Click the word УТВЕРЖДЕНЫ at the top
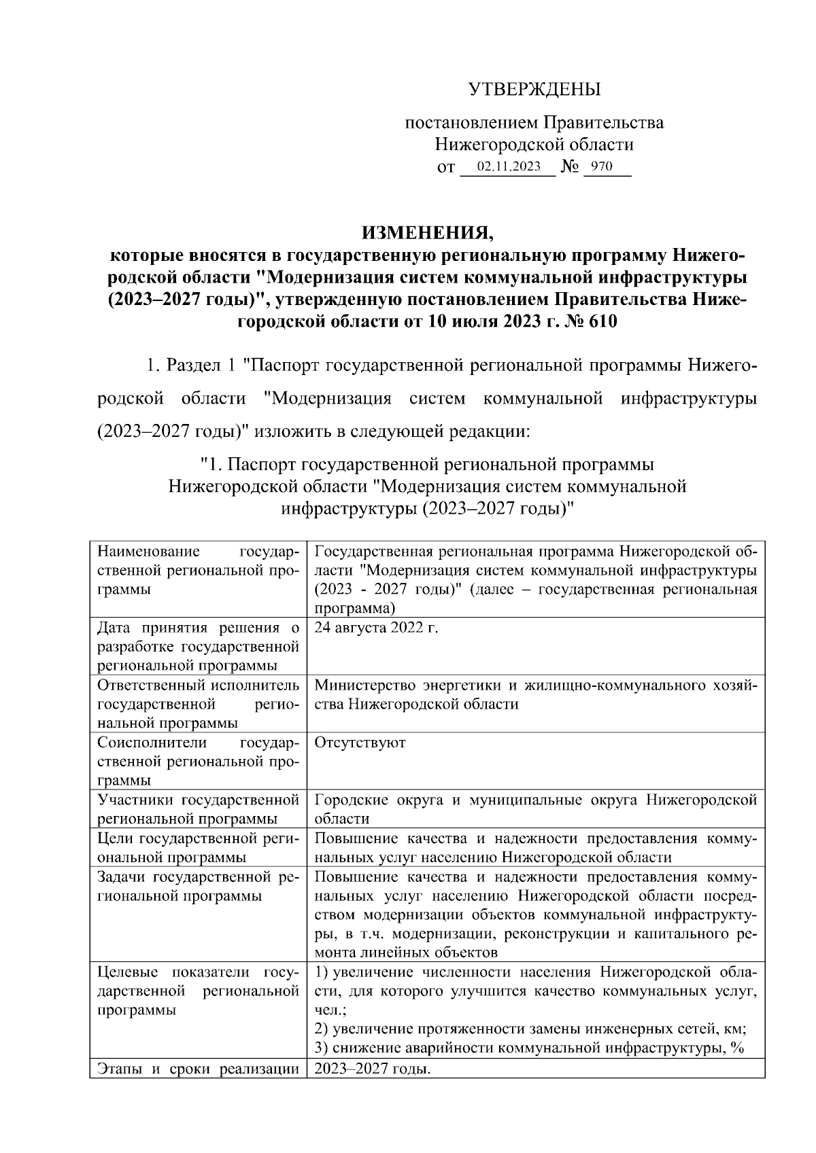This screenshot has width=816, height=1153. point(534,89)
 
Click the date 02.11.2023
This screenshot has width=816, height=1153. point(509,166)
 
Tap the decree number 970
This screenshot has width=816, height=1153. point(601,166)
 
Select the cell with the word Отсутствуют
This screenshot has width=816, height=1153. point(360,743)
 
